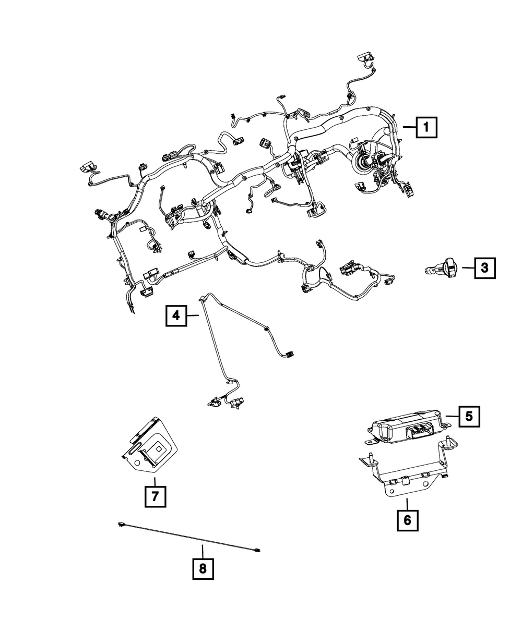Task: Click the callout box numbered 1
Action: click(426, 127)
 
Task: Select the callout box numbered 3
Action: click(484, 268)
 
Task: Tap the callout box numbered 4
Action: click(176, 315)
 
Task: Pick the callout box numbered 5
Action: click(469, 416)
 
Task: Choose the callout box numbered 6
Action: click(408, 520)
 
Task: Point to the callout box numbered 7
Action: click(155, 496)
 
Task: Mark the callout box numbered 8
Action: click(203, 569)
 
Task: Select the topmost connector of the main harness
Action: click(365, 57)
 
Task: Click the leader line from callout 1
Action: click(409, 128)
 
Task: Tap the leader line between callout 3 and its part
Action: click(468, 267)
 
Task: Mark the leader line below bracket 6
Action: click(407, 504)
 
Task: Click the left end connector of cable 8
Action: click(121, 524)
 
